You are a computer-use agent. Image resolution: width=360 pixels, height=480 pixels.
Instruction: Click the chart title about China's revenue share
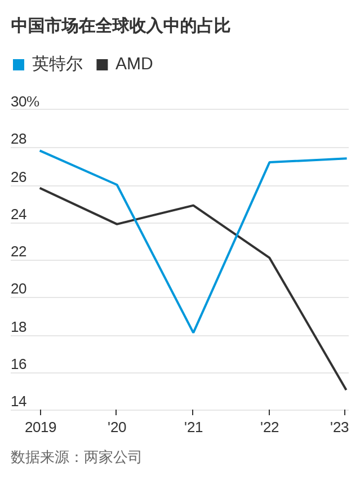[120, 26]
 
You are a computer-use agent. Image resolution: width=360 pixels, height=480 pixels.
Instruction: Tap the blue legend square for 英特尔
[19, 65]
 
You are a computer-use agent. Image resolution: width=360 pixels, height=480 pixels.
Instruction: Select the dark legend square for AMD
[102, 65]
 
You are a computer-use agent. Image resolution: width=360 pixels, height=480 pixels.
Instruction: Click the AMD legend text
[134, 64]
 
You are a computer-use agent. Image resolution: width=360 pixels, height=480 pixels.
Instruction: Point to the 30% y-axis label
[25, 102]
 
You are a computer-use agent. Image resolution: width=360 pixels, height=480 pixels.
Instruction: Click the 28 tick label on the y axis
[19, 139]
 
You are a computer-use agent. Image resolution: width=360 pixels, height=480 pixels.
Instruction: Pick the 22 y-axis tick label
[19, 252]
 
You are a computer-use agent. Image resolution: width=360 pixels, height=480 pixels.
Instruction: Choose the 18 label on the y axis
[19, 327]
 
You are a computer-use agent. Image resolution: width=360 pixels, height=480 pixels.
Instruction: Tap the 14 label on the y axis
[19, 402]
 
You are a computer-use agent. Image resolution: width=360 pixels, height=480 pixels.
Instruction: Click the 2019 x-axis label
[41, 428]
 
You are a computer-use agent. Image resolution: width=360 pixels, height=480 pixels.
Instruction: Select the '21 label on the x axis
[193, 428]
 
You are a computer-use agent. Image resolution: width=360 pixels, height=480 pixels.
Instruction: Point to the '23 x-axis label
[339, 428]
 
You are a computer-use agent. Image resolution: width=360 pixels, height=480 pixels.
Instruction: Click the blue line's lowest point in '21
[193, 332]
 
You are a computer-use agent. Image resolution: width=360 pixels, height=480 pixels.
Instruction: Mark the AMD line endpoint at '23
[346, 389]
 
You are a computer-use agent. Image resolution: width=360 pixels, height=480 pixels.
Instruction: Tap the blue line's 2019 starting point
[41, 151]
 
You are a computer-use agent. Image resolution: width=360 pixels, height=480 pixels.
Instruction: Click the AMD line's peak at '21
[193, 206]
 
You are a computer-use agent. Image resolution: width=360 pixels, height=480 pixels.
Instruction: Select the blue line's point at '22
[269, 162]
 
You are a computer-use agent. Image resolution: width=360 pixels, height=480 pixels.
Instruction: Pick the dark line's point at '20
[117, 224]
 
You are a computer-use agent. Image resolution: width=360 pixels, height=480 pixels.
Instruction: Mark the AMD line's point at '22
[269, 258]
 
